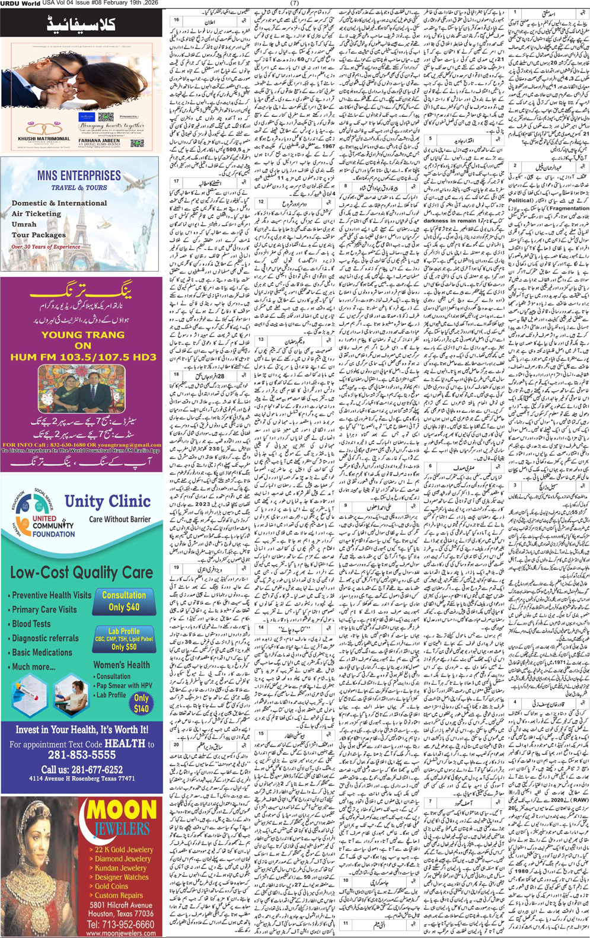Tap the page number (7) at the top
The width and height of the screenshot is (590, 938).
point(295,4)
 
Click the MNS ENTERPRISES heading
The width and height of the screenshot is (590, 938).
point(78,176)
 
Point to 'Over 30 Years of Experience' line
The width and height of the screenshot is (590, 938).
point(46,247)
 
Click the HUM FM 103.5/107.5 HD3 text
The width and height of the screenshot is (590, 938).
point(83,357)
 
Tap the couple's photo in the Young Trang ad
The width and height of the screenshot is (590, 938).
point(82,389)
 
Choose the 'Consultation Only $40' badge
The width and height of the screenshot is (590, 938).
point(124,601)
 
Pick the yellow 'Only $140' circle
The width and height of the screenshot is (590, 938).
point(141,703)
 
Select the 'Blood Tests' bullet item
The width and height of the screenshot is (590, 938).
point(31,624)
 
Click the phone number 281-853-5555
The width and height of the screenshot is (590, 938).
point(82,755)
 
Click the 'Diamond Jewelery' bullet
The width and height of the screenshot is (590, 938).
point(122,859)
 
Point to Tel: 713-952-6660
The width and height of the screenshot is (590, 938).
point(120,924)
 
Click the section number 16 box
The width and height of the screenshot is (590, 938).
point(176,20)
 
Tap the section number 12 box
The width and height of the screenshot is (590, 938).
point(261,202)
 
